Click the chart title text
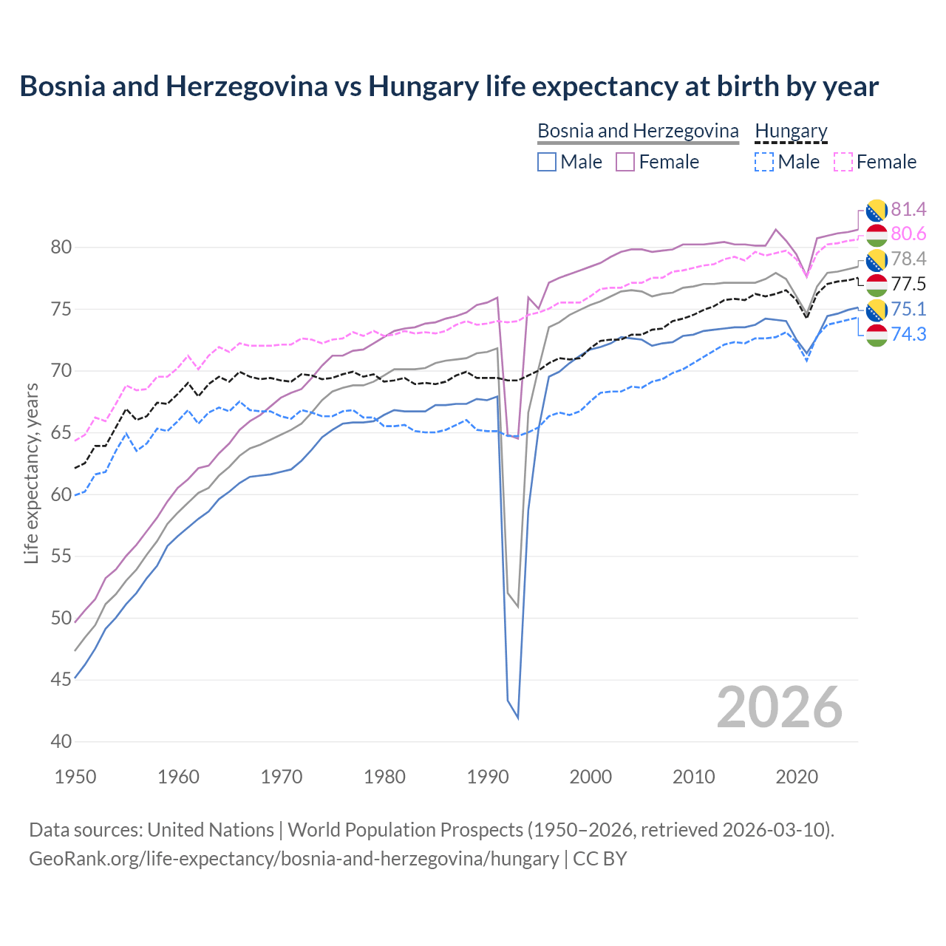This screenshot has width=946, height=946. [x=449, y=86]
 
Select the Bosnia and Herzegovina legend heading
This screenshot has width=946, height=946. [x=637, y=131]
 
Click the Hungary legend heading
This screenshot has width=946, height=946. [x=791, y=131]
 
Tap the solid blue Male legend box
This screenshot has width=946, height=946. [x=547, y=162]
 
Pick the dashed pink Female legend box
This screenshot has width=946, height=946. [x=843, y=162]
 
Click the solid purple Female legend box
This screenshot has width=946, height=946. [x=625, y=162]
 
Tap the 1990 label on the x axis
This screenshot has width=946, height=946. [x=487, y=777]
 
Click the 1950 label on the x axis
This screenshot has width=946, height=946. [x=75, y=777]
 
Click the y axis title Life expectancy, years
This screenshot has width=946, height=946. [x=31, y=473]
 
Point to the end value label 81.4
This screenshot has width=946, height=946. [x=908, y=209]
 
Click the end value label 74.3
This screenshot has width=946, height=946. [x=908, y=334]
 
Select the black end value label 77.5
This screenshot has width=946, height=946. [x=908, y=284]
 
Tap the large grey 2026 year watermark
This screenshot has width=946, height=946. [x=779, y=708]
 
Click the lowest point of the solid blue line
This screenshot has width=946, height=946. [x=517, y=718]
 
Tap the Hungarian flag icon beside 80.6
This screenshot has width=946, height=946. [x=876, y=234]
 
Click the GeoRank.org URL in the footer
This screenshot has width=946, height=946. [x=293, y=859]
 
